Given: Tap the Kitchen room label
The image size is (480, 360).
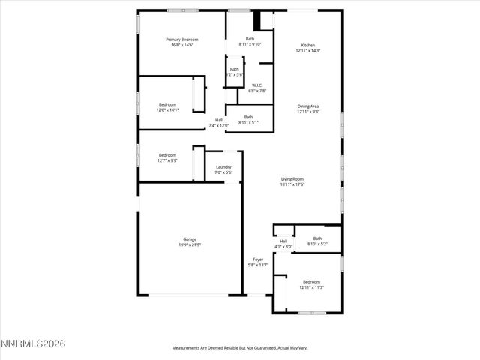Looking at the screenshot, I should [308, 45].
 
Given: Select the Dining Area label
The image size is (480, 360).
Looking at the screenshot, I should [308, 106].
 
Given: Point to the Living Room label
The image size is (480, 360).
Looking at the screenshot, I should [292, 178].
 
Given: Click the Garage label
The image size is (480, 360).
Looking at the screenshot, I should [190, 239].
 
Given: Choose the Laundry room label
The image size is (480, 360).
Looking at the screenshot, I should [223, 166].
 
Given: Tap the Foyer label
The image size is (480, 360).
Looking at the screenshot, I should [257, 259].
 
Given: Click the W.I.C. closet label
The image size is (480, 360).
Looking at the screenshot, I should [257, 85].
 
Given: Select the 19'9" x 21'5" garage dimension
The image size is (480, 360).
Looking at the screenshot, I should [190, 245].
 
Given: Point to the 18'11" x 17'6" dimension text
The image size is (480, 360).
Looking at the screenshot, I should [292, 184].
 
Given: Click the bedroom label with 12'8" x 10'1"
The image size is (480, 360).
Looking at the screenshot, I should [167, 104].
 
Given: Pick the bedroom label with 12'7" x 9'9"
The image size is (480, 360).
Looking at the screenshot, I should [167, 155].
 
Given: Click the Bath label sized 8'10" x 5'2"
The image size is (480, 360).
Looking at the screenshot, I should [318, 238].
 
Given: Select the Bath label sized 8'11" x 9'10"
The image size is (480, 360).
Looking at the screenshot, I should [250, 39].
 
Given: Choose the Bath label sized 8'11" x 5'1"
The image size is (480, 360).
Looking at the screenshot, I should [248, 116].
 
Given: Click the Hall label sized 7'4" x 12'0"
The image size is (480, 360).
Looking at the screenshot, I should [219, 120].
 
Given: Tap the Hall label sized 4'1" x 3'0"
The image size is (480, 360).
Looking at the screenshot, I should [283, 241].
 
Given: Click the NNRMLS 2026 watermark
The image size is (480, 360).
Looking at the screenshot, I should [33, 343].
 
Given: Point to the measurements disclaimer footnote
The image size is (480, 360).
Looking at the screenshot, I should [240, 348].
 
